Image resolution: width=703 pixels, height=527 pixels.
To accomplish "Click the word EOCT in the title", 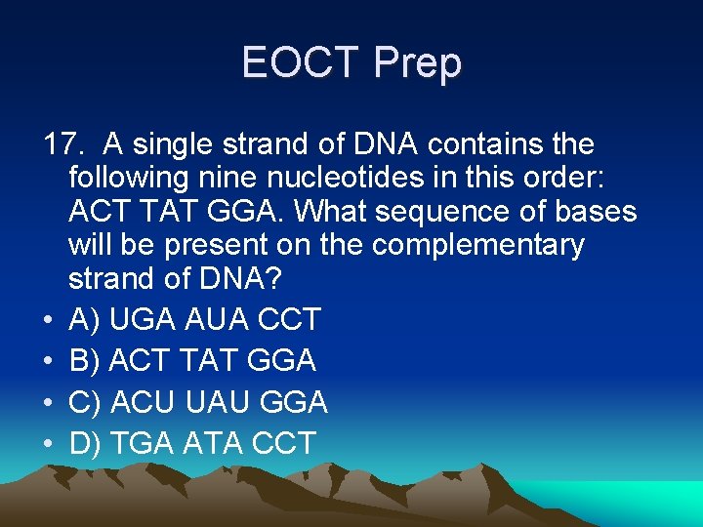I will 302,63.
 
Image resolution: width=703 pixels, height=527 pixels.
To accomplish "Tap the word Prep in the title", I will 418,63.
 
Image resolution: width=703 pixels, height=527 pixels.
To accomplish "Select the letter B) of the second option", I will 86,361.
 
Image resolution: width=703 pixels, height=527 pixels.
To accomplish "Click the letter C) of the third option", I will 87,402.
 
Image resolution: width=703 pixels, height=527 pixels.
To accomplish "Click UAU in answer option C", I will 217,402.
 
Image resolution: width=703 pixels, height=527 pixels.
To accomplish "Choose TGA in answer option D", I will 143,444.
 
